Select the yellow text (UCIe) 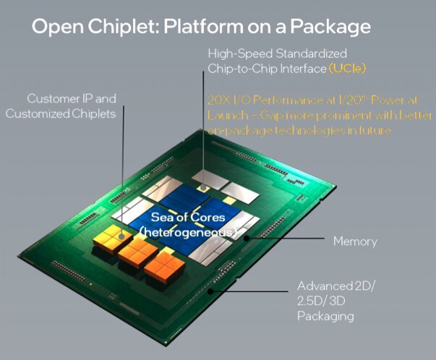click(349, 68)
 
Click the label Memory click(354, 240)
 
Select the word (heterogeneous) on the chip click(188, 232)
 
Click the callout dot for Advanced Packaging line click(210, 291)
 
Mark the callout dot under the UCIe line click(205, 187)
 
